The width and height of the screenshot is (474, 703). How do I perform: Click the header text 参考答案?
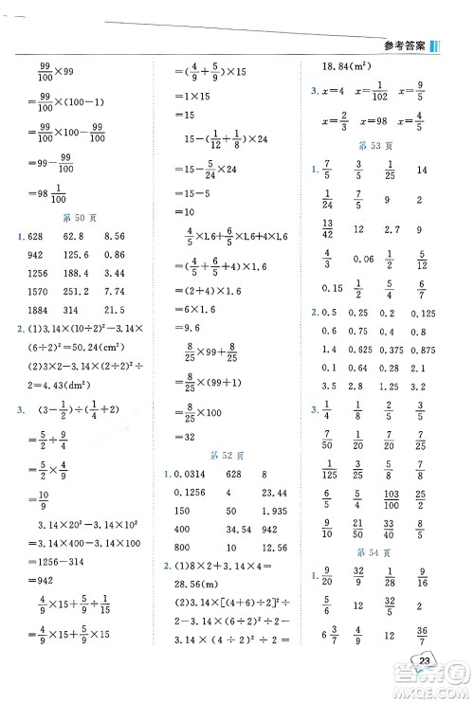click(407, 47)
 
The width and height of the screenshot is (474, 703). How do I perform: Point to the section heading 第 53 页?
click(378, 146)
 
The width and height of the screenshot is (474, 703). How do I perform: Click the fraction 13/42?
click(326, 230)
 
